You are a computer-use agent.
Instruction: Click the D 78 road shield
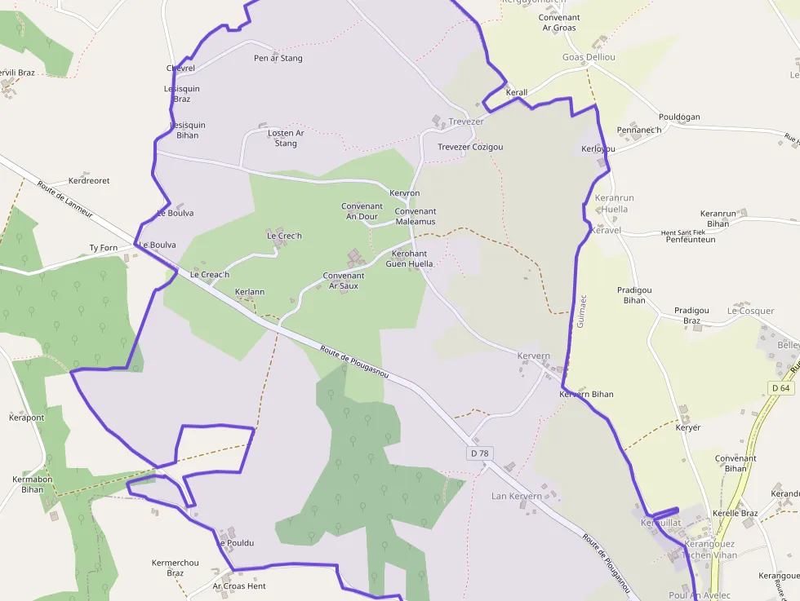480,453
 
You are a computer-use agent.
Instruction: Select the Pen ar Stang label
278,59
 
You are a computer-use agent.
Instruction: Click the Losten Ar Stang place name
286,139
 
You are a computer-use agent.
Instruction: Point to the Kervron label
405,193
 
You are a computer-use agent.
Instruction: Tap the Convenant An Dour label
362,212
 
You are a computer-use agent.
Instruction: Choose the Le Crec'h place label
284,236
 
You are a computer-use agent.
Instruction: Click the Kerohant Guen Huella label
409,259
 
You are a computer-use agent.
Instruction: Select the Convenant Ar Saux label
344,281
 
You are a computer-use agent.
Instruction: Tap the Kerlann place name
250,291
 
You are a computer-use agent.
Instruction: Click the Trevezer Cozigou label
470,147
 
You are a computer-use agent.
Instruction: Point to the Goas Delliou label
589,57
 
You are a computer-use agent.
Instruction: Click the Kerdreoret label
89,181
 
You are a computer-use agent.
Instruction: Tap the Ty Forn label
104,248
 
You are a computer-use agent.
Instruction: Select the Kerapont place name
26,418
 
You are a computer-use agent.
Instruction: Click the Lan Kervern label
516,496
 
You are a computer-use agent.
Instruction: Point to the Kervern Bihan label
586,395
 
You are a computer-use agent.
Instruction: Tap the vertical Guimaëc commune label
581,311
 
